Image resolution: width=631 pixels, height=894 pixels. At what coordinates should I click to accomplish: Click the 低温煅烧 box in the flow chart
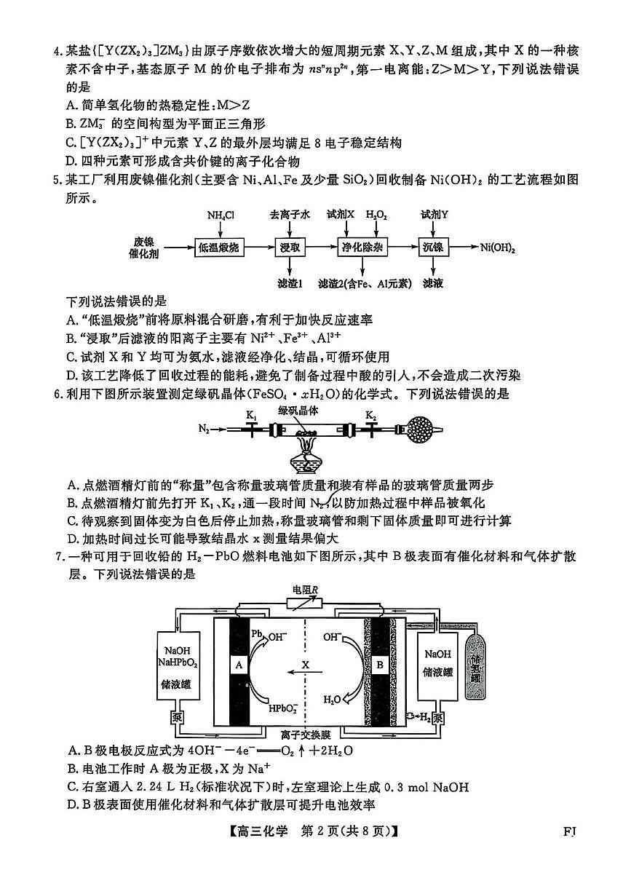pyautogui.click(x=218, y=248)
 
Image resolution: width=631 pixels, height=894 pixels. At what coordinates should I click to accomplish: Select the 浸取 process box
pyautogui.click(x=290, y=248)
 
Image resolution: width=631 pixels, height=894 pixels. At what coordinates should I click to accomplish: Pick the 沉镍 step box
pyautogui.click(x=432, y=248)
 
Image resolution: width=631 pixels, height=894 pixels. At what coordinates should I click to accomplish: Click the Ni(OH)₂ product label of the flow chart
pyautogui.click(x=497, y=248)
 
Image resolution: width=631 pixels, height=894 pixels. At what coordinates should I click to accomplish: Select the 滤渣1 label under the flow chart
pyautogui.click(x=290, y=282)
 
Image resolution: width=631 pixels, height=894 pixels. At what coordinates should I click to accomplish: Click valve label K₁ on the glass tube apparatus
pyautogui.click(x=252, y=415)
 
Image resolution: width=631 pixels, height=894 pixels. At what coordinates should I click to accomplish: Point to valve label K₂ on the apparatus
pyautogui.click(x=371, y=415)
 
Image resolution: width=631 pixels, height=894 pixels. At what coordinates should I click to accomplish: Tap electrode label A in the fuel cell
pyautogui.click(x=239, y=665)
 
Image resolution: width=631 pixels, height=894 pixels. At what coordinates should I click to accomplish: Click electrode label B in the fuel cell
pyautogui.click(x=378, y=665)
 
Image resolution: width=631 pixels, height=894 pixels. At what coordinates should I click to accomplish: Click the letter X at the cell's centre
pyautogui.click(x=306, y=665)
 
